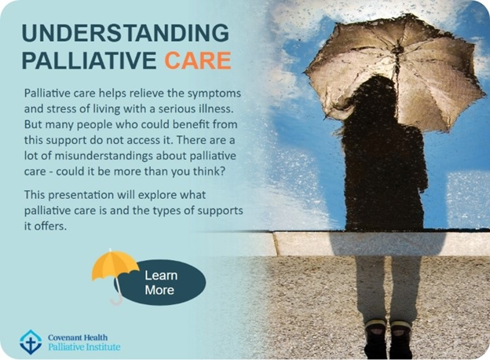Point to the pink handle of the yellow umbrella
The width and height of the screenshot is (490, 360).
[116, 293]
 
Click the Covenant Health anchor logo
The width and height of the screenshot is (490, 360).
[31, 342]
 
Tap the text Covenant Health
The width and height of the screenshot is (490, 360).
[78, 337]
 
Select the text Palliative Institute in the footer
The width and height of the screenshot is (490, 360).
[84, 347]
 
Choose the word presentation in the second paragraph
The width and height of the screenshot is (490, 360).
[81, 195]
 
